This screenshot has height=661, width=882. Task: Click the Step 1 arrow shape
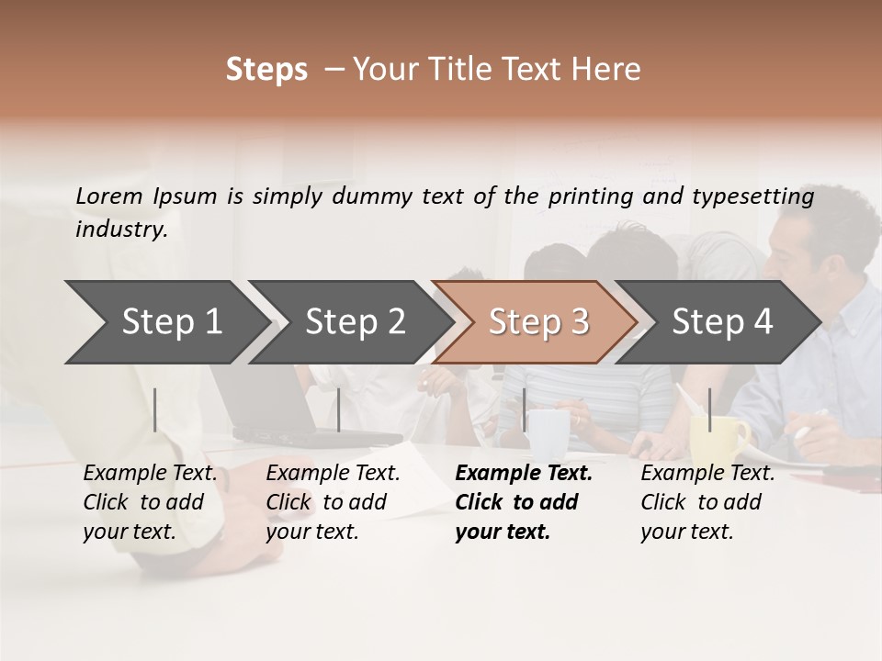tap(171, 322)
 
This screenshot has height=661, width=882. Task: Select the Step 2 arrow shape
tap(355, 322)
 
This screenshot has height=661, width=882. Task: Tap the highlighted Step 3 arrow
tap(538, 322)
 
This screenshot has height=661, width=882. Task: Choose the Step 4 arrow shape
tap(722, 322)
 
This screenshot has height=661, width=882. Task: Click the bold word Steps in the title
tap(266, 70)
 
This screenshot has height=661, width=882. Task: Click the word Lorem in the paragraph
tap(109, 196)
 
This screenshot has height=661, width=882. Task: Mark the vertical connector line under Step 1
tap(155, 409)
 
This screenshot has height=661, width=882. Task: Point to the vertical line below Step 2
tap(339, 409)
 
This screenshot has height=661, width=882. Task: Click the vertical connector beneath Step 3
tap(525, 409)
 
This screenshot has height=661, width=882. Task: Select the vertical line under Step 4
tap(709, 409)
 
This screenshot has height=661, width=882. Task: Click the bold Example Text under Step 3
tap(523, 502)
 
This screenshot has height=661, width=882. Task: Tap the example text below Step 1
tap(150, 502)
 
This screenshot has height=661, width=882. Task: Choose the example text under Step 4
tap(707, 502)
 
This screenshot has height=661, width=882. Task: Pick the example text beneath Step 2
tap(333, 502)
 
